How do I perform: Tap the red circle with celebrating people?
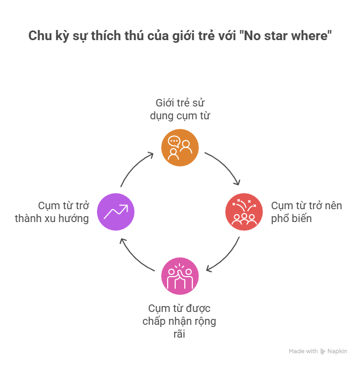244,212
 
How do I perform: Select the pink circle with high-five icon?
180,276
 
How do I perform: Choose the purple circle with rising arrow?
116,212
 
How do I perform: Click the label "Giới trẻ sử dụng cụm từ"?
179,108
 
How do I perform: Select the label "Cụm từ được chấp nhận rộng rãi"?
179,321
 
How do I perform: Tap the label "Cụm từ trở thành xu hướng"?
52,212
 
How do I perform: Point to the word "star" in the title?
279,37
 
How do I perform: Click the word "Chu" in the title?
38,37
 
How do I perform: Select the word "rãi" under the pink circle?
179,334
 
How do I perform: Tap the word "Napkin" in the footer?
337,352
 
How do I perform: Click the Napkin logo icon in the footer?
322,352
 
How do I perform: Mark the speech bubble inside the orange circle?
174,142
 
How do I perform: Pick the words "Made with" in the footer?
303,352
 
